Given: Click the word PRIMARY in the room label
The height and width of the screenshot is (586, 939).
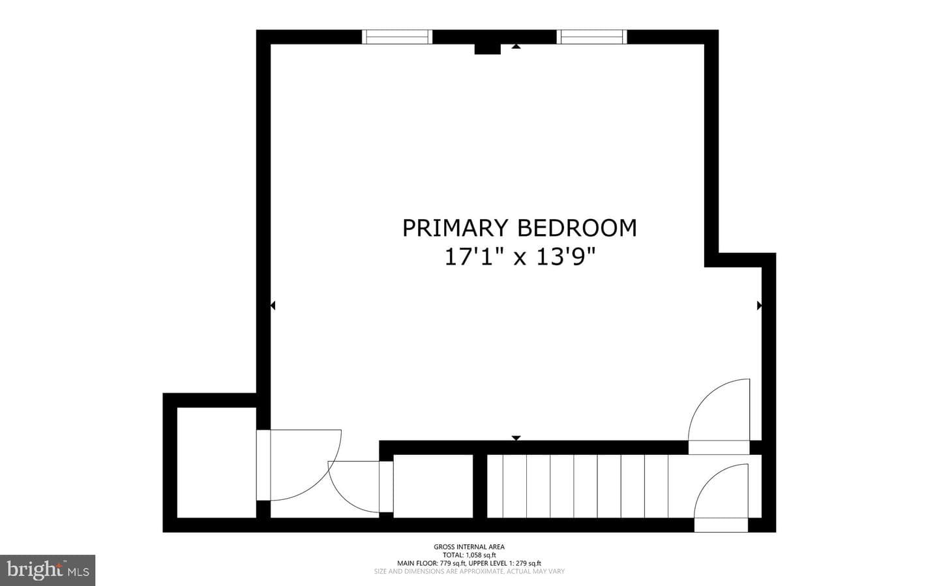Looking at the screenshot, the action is coord(456,228).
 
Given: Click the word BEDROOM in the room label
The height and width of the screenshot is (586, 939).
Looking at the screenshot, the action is coord(577,228).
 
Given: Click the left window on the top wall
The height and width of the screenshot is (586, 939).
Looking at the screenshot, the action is coord(397,37).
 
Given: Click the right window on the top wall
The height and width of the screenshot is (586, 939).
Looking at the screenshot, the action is coord(592,37).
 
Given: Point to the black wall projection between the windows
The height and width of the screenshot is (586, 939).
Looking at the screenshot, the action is coord(487,49).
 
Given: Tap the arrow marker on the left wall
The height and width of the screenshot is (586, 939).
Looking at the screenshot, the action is coord(273,306).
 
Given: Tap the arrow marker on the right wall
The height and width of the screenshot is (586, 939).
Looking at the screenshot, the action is coord(759,306).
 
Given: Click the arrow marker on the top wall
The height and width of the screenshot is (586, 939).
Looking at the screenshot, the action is coord(516,46).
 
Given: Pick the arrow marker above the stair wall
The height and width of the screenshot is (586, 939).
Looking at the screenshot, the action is coord(516,438).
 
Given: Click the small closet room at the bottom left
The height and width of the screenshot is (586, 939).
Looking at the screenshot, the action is coord(216,462).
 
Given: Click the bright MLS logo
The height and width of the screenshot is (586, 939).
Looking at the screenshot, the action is coord(48,570).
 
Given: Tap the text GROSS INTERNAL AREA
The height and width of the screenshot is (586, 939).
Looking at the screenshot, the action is coord(469,547).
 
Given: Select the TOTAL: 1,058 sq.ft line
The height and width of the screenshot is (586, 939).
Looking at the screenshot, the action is coord(469,555).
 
